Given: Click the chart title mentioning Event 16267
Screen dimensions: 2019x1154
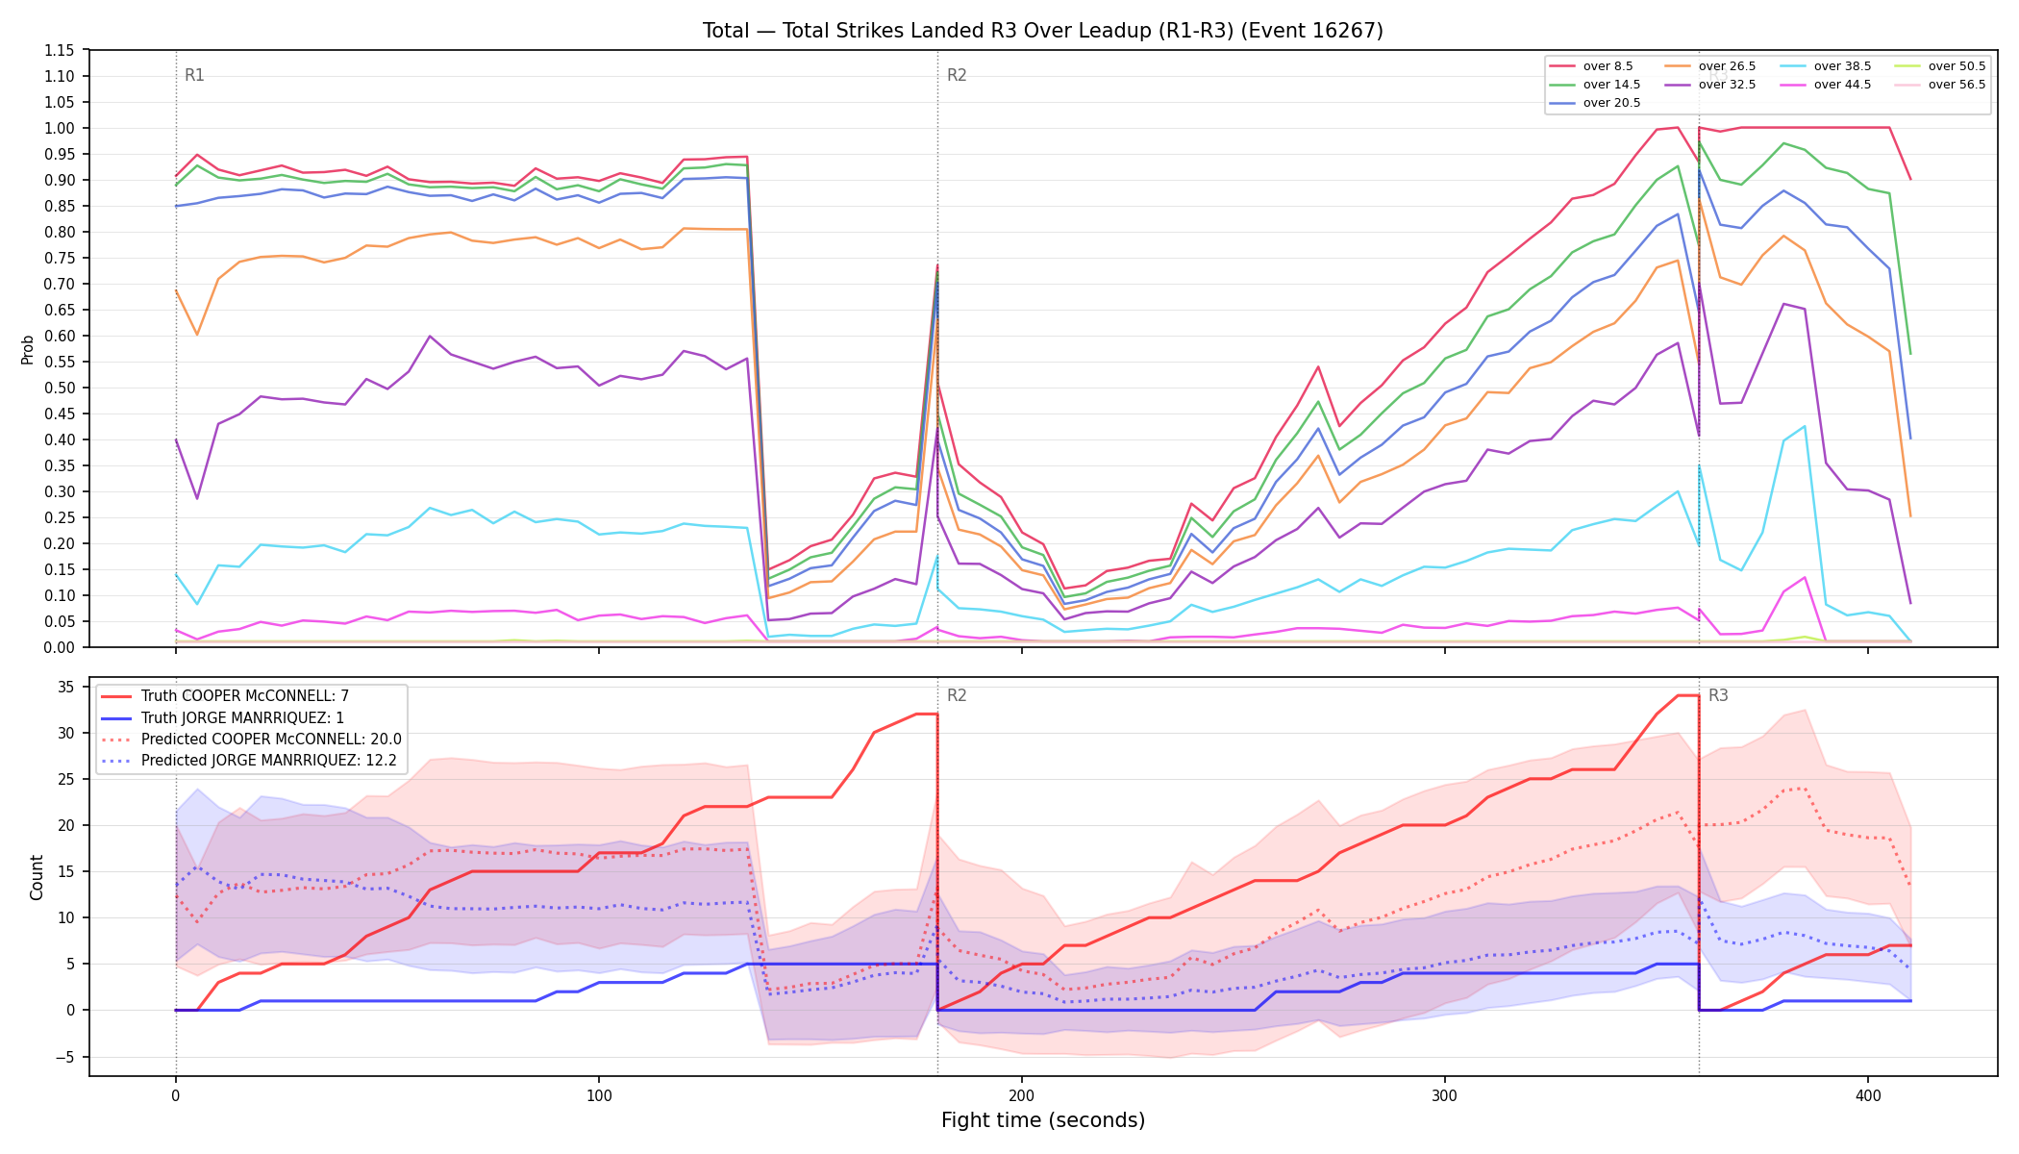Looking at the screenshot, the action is click(x=1043, y=31).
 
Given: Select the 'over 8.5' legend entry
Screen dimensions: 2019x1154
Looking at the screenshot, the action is click(x=1591, y=66).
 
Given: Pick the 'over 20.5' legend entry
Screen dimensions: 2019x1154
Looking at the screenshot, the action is click(x=1595, y=103).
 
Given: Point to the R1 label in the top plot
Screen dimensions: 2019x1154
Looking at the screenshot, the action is click(x=194, y=75).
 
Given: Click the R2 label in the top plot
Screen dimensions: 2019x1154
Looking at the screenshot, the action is click(x=957, y=75).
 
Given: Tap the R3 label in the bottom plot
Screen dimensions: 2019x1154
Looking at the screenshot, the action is click(x=1718, y=695).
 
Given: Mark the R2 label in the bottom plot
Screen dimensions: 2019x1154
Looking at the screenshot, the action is click(x=957, y=695).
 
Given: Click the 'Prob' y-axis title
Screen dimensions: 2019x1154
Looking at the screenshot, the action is click(x=28, y=349).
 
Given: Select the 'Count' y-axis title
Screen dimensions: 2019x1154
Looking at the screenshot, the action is click(x=37, y=877).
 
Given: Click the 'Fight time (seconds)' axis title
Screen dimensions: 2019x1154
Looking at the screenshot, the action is click(x=1043, y=1120).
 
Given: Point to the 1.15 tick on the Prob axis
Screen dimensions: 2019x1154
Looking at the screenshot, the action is click(x=61, y=50).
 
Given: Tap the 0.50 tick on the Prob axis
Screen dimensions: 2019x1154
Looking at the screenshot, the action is click(x=61, y=388).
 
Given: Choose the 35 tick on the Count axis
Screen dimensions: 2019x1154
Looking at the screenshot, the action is click(x=67, y=687).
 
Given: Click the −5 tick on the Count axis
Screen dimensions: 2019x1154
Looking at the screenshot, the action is click(x=66, y=1057).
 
